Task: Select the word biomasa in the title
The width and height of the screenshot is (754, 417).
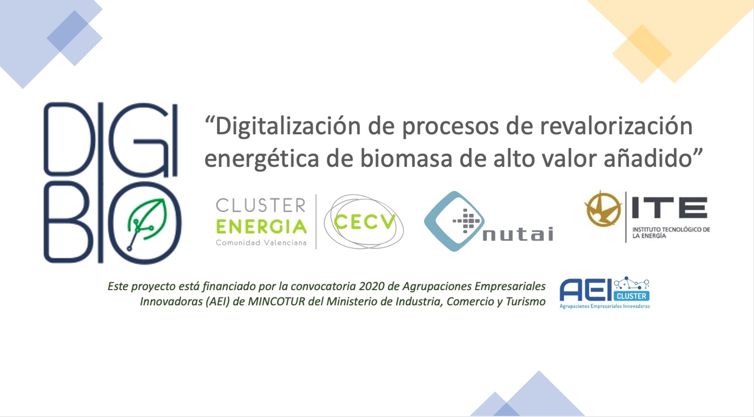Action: [406, 158]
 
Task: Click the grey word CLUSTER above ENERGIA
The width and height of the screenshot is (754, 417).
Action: [261, 205]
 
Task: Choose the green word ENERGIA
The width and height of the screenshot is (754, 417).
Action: [261, 226]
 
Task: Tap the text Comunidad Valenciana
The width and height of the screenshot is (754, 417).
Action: [261, 242]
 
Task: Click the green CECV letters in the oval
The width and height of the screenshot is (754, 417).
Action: [364, 221]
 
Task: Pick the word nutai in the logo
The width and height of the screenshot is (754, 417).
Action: [518, 234]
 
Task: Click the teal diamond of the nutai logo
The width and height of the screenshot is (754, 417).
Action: [454, 221]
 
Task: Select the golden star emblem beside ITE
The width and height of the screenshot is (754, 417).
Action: [603, 208]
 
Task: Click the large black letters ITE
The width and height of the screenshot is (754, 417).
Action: [669, 208]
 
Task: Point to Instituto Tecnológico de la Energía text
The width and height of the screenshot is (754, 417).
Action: [671, 233]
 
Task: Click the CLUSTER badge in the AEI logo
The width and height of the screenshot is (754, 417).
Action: [632, 296]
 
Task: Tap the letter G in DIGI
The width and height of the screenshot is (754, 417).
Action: [138, 140]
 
